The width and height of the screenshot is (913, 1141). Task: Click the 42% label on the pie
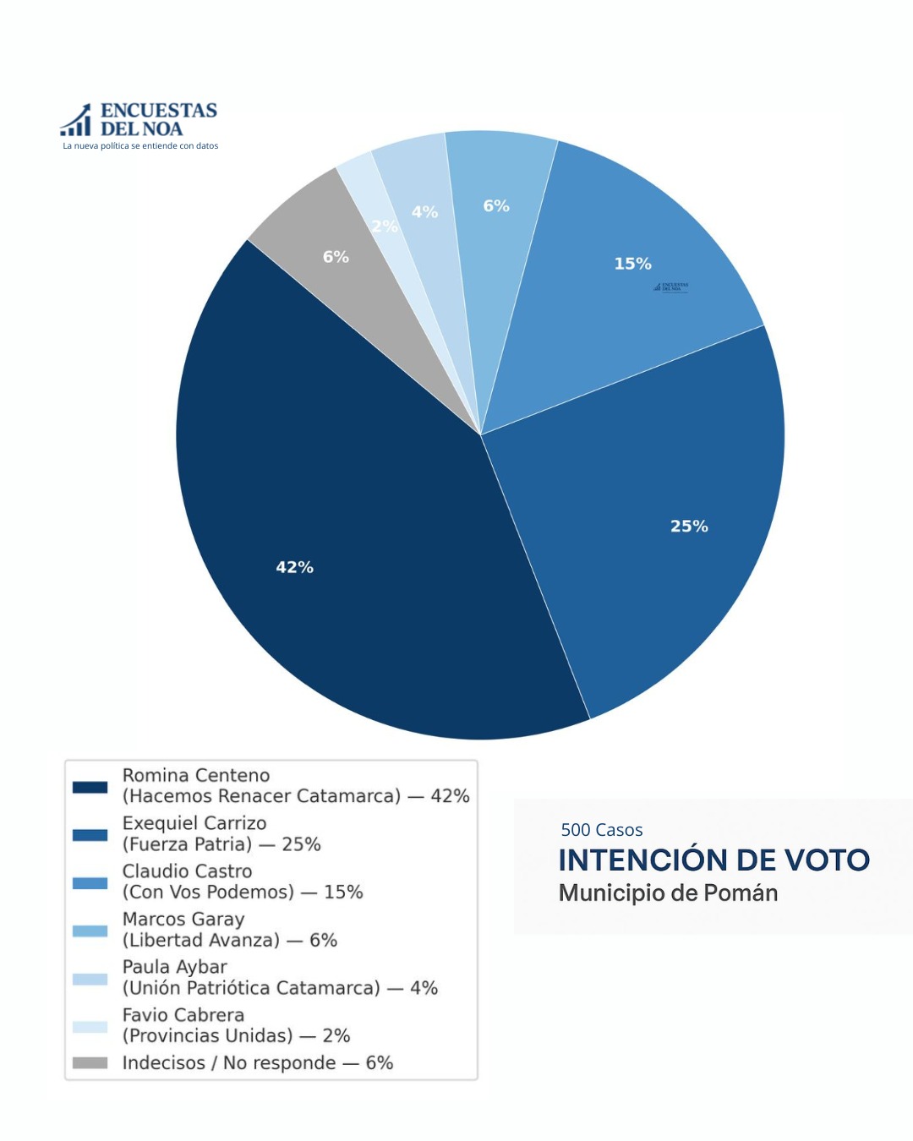(x=294, y=567)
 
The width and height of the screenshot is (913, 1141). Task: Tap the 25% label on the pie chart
(x=689, y=527)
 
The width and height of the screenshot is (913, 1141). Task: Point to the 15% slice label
(x=632, y=264)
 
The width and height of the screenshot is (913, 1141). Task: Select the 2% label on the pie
(x=385, y=227)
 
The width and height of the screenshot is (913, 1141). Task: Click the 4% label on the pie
(x=424, y=212)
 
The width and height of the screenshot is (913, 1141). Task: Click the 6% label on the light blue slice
(x=496, y=206)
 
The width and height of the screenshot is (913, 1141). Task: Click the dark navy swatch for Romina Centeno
(x=90, y=787)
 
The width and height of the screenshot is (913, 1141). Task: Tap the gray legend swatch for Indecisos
(x=90, y=1062)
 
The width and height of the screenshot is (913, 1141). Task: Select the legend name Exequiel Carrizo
(x=194, y=823)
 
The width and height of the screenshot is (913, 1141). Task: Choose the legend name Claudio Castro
(x=187, y=871)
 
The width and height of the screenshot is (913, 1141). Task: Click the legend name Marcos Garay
(x=183, y=920)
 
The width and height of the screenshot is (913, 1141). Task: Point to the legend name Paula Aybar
(x=174, y=967)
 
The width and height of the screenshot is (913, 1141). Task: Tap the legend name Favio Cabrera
(x=183, y=1015)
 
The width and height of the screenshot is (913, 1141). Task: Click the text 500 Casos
(x=602, y=830)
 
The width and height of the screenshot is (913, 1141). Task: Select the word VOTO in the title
(x=827, y=860)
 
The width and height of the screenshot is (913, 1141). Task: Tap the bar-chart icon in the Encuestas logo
(x=76, y=121)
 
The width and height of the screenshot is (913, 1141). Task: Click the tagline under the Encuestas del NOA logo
(x=140, y=146)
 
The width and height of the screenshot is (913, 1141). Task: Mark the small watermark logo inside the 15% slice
(x=671, y=287)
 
